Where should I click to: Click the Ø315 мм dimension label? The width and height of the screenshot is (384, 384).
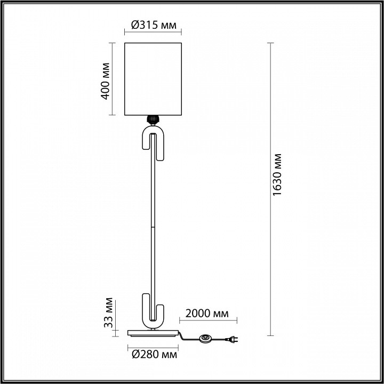coord(154,25)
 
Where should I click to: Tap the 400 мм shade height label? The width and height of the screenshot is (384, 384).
coord(105,81)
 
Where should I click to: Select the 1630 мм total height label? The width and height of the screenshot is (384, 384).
coord(277,174)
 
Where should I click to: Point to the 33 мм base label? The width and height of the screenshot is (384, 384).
coord(108,313)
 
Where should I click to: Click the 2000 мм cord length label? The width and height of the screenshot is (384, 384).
coord(207,314)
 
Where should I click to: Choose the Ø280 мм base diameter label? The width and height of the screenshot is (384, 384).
coord(154,354)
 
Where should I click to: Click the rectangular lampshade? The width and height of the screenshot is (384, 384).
coord(153,79)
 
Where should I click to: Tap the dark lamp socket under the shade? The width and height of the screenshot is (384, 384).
coord(153,119)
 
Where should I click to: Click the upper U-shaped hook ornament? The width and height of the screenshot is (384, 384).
coord(153,143)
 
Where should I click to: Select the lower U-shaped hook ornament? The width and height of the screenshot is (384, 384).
coord(153,311)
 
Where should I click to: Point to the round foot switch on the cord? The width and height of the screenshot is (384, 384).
coord(205,339)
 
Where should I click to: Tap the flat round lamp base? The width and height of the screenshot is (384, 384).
coord(153,333)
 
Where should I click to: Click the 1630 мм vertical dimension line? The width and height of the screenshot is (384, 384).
coord(270,189)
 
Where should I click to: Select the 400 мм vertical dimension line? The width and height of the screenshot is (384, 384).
coord(112,79)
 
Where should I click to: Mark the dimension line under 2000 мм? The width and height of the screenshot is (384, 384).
coord(208,320)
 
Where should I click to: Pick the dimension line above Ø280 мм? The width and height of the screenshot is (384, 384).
coord(153,348)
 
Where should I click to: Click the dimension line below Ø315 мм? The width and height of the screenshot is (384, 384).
coord(153,32)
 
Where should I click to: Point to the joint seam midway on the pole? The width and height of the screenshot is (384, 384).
coord(153,227)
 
